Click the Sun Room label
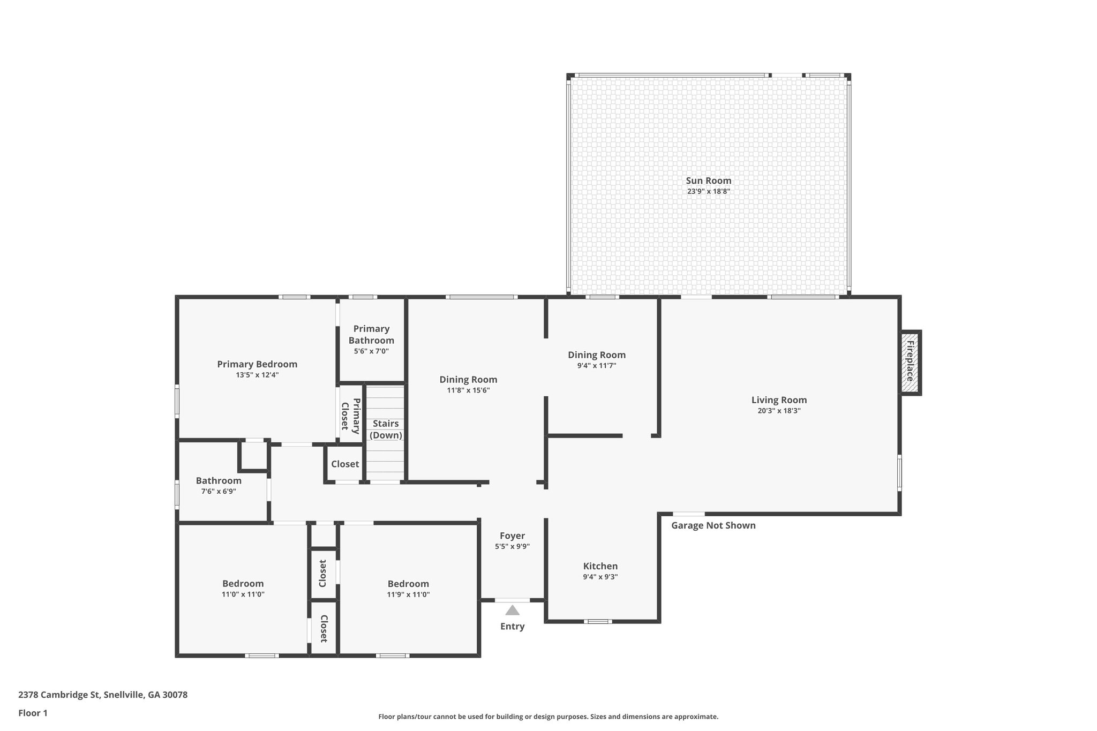coord(708,181)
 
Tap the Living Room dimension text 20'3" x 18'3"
coord(779,411)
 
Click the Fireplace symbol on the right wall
coord(910,363)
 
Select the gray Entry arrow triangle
coord(512,610)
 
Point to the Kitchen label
coord(600,566)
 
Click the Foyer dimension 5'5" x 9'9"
coord(512,546)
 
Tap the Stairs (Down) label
coord(386,429)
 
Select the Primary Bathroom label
coord(371,334)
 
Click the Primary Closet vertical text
coord(351,415)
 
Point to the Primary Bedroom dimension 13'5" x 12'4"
coord(257,375)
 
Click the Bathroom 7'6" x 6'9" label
coord(218,485)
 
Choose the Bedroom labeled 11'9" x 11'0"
coord(408,589)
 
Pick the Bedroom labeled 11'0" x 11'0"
coord(243,589)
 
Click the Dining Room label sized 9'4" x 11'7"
coord(597,360)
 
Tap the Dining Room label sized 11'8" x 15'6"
coord(468,385)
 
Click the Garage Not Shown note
coord(713,525)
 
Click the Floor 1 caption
coord(33,713)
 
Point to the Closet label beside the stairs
coord(344,464)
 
